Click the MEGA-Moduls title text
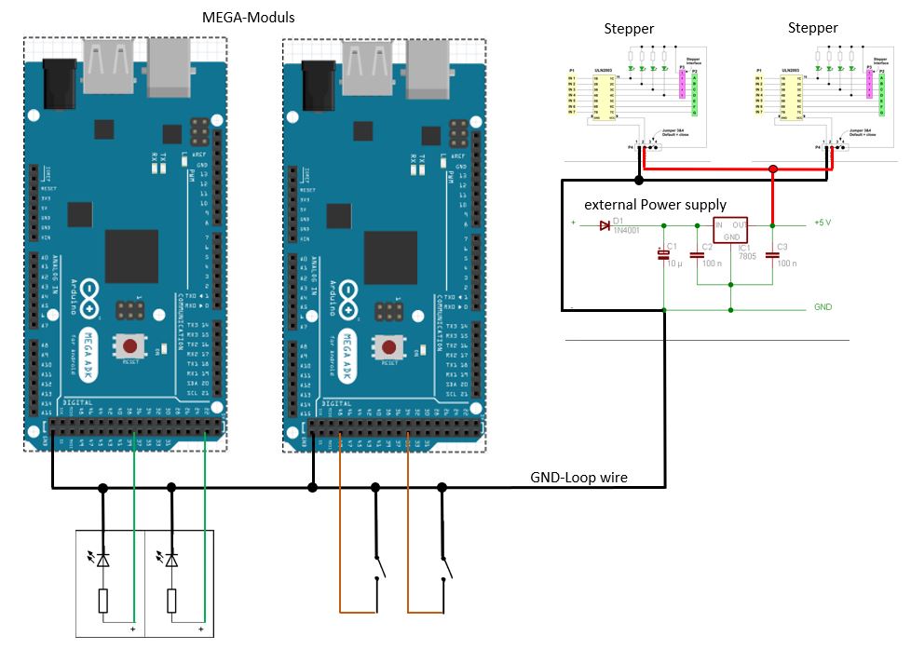[248, 19]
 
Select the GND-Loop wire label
[578, 478]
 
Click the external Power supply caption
[655, 205]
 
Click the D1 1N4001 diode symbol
[605, 225]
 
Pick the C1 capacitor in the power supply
[663, 253]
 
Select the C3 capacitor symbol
[773, 253]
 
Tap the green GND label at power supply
[823, 306]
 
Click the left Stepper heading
[630, 28]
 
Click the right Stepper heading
[812, 28]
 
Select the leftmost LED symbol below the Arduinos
[102, 560]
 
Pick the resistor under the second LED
[171, 601]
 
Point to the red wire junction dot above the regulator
[773, 169]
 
